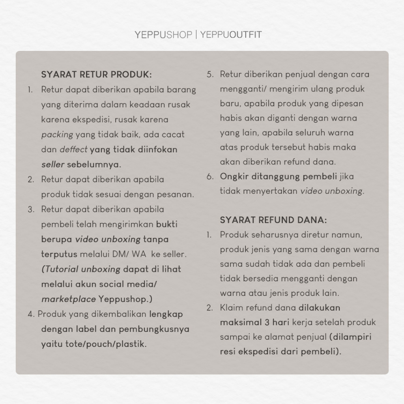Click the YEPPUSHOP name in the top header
pyautogui.click(x=163, y=35)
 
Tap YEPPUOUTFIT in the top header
pyautogui.click(x=231, y=35)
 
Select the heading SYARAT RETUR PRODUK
pyautogui.click(x=96, y=75)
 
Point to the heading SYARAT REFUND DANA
pyautogui.click(x=273, y=220)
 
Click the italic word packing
pyautogui.click(x=57, y=135)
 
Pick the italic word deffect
pyautogui.click(x=73, y=150)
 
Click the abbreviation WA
pyautogui.click(x=141, y=254)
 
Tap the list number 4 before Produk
pyautogui.click(x=30, y=314)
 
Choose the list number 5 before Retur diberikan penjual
pyautogui.click(x=210, y=75)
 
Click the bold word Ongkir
pyautogui.click(x=234, y=176)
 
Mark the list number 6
pyautogui.click(x=210, y=176)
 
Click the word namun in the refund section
pyautogui.click(x=348, y=235)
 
